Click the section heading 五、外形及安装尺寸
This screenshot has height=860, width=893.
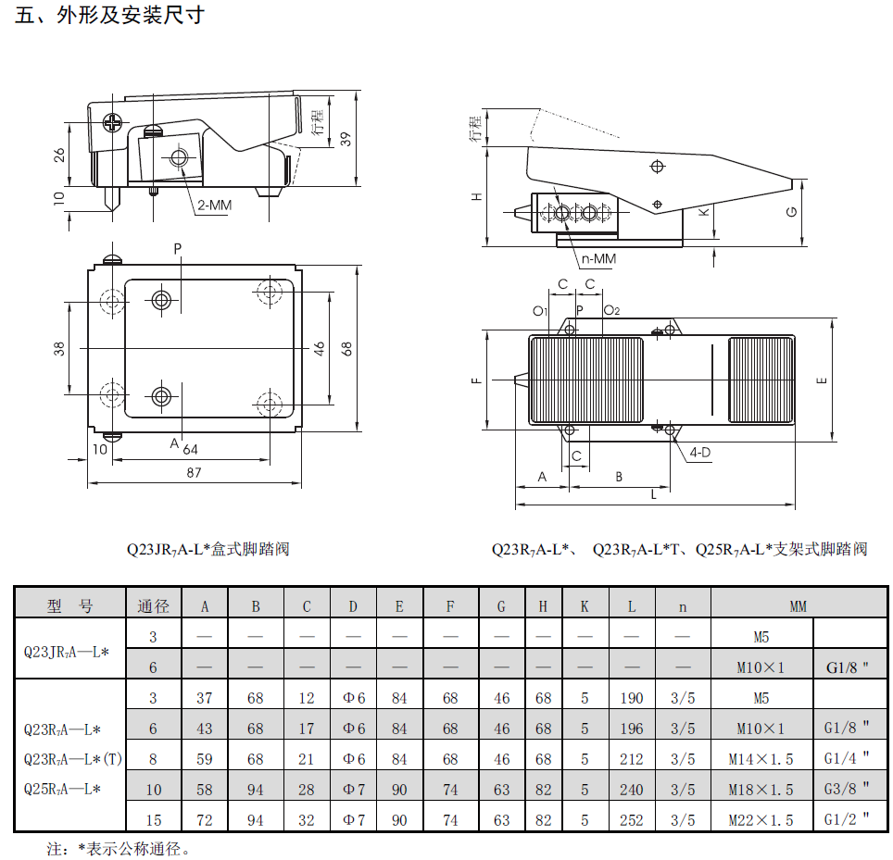(109, 16)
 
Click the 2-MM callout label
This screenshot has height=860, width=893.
(214, 205)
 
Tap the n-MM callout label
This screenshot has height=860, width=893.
(598, 259)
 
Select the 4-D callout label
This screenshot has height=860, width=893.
(700, 453)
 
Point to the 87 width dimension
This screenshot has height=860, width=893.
(194, 472)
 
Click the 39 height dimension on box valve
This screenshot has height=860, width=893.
(346, 139)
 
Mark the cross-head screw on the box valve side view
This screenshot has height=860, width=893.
(113, 122)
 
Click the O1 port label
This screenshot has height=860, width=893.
(540, 311)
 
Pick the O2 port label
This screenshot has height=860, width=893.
(611, 310)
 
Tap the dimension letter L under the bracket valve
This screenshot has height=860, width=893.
(654, 494)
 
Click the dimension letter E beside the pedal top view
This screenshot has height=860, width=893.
(822, 380)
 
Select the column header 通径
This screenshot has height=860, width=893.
(153, 606)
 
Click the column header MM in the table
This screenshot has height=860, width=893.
(798, 606)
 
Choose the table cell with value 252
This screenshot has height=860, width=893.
(632, 820)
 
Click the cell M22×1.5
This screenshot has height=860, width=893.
(761, 820)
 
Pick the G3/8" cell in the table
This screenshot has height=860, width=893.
(847, 789)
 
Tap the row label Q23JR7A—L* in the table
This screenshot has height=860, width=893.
(66, 653)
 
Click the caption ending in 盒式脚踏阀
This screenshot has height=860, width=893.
(208, 549)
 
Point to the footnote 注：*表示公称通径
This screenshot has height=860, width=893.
(118, 849)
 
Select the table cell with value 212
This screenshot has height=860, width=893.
(632, 759)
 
